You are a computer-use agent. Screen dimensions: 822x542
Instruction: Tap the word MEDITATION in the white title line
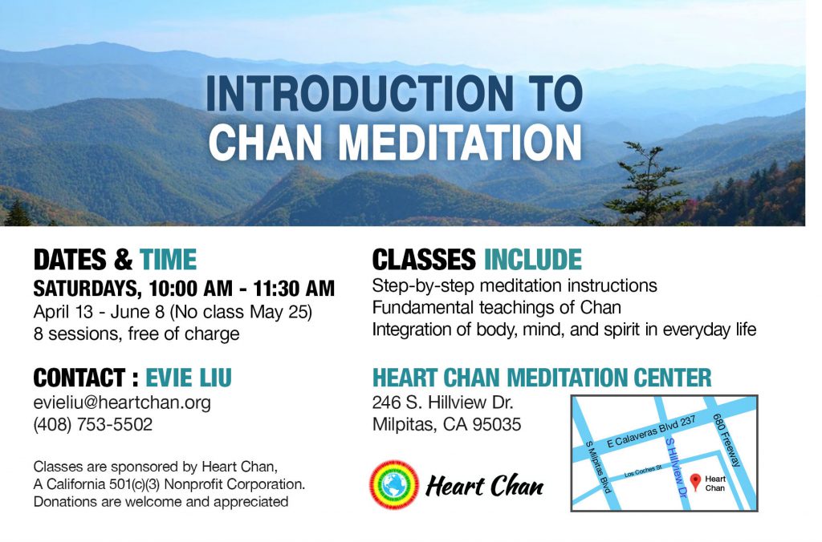(460, 142)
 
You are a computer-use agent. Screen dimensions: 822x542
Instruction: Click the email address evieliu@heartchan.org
(122, 402)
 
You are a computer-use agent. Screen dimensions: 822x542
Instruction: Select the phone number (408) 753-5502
(93, 424)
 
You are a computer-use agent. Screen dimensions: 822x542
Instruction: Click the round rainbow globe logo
(394, 485)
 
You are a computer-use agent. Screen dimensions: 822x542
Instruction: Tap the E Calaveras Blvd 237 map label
(651, 431)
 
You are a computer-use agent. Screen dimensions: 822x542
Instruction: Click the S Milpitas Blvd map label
(599, 467)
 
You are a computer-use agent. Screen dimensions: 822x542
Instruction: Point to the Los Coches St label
(643, 471)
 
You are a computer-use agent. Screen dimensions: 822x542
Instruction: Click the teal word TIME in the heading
(168, 260)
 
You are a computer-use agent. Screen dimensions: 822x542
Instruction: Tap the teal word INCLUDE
(533, 259)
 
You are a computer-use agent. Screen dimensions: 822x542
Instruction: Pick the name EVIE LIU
(188, 378)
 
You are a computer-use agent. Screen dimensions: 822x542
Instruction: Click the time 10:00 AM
(190, 289)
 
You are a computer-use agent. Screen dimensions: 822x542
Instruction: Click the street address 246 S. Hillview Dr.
(442, 402)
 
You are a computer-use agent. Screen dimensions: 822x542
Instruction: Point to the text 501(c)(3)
(134, 484)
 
